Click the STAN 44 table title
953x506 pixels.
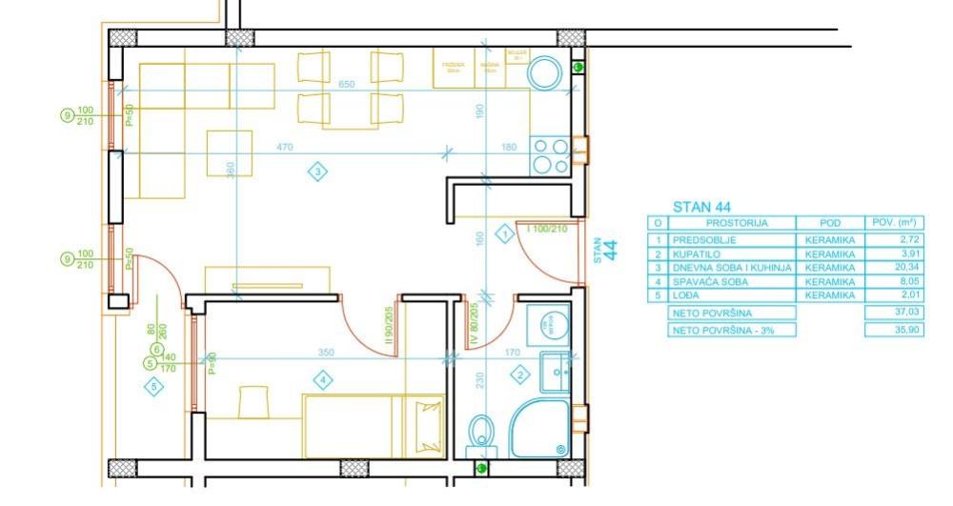(x=702, y=207)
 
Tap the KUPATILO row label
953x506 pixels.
(x=695, y=254)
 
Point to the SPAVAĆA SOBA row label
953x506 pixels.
(x=709, y=283)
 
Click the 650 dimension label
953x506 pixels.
(x=347, y=85)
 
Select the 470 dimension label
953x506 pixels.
(x=284, y=147)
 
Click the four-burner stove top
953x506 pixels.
(x=549, y=155)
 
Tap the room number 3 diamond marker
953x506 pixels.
(x=317, y=172)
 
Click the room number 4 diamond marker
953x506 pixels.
(x=324, y=380)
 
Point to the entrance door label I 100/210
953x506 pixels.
(x=547, y=229)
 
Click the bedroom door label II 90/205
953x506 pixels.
(x=389, y=324)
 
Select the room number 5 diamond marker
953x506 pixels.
(x=152, y=386)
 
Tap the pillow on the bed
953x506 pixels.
(x=426, y=420)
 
